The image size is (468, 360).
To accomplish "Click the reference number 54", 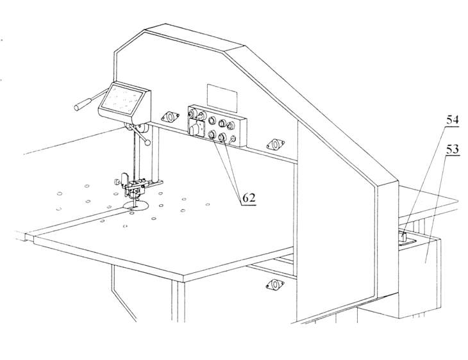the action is pyautogui.click(x=452, y=120).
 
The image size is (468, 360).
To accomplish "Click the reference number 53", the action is pyautogui.click(x=452, y=149).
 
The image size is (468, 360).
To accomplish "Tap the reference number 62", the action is pyautogui.click(x=249, y=198).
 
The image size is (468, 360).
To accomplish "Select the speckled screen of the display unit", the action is pyautogui.click(x=122, y=100).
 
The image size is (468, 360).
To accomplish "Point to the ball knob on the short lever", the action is pyautogui.click(x=147, y=143).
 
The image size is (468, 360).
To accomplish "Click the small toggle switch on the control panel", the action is pyautogui.click(x=233, y=138).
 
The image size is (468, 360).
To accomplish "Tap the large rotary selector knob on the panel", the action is pyautogui.click(x=194, y=129).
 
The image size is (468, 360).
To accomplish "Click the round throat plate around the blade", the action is pyautogui.click(x=136, y=206).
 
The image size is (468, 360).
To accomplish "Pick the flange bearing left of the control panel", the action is pyautogui.click(x=170, y=117).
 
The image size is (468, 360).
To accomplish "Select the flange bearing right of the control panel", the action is pyautogui.click(x=275, y=144).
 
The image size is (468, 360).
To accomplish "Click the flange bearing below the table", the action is pyautogui.click(x=274, y=284).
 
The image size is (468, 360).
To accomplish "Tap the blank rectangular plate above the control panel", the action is pyautogui.click(x=222, y=97).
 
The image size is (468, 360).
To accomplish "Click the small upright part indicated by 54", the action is pyautogui.click(x=403, y=237).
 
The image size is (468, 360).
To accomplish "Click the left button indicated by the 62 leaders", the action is pyautogui.click(x=212, y=135).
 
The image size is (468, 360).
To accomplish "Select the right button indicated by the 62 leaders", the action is pyautogui.click(x=222, y=137).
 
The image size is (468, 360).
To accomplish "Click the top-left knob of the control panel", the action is pyautogui.click(x=192, y=113).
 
